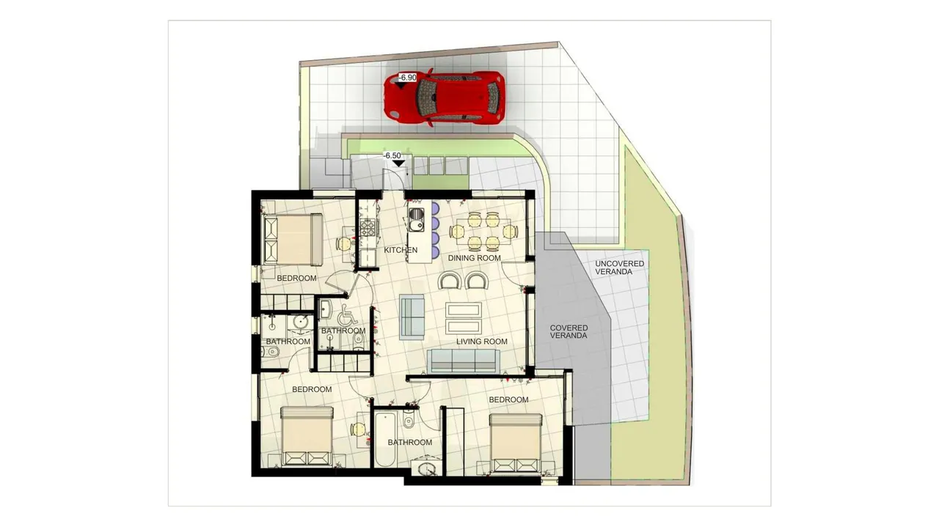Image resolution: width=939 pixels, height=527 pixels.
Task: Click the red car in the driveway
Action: coord(444,98)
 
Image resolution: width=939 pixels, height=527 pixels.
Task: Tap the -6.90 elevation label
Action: coord(407,78)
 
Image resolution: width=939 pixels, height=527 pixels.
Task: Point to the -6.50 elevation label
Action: coord(392,155)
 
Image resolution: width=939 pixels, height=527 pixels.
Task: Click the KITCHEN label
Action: coord(401,250)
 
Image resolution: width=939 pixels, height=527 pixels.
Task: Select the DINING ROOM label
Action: coord(474,258)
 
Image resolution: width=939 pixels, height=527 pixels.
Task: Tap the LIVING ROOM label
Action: coord(482,342)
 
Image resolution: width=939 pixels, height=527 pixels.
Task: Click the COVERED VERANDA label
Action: coord(569,332)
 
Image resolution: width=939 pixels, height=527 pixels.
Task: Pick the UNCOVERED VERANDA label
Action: coord(620,268)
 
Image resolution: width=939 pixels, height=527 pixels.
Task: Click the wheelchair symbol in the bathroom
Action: coord(348,315)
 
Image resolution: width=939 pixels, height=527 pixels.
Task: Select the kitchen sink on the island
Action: coord(416,220)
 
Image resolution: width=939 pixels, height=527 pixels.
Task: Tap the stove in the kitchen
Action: coord(368,228)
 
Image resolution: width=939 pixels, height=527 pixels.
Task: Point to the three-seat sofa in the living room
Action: coord(463,361)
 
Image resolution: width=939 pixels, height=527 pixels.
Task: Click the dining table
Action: coord(483,231)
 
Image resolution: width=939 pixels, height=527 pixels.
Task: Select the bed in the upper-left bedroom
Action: coord(291,239)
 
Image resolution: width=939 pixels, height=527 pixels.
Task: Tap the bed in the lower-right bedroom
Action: coord(515,443)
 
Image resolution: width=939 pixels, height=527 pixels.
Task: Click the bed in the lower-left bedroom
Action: coord(307,436)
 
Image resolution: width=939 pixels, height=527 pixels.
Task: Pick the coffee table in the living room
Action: coord(463,317)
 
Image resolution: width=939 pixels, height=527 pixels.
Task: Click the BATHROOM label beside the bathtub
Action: coord(409,442)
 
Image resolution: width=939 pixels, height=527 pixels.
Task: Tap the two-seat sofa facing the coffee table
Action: coord(412,317)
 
